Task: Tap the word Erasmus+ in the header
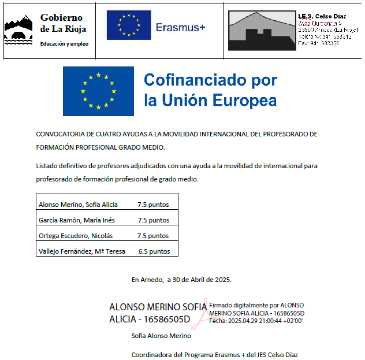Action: (180, 27)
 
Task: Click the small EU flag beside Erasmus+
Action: (128, 25)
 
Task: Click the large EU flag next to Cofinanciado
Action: (98, 91)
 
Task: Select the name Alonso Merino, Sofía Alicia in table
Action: (78, 205)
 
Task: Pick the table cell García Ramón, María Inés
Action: (76, 220)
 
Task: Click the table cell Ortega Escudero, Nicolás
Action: (76, 236)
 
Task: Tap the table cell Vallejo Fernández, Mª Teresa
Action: (81, 251)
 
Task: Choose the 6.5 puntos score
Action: (154, 251)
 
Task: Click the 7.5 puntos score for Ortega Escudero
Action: (153, 236)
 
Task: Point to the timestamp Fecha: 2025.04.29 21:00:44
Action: (256, 320)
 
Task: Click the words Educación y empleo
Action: (64, 44)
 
